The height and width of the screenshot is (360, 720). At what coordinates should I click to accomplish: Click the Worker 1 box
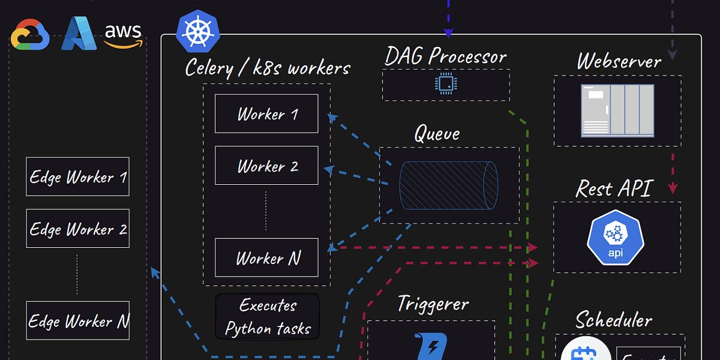coord(266,113)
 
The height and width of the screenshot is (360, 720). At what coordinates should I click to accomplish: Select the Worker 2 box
coord(266,166)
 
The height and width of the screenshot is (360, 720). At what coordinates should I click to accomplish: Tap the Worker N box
coord(266,258)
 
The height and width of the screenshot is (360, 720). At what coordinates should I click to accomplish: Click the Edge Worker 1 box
coord(77,176)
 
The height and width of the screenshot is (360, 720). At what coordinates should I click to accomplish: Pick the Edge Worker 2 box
coord(77,229)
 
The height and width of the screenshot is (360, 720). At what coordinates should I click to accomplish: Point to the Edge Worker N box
coord(77,320)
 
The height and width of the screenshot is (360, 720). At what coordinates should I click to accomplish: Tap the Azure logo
coord(78,34)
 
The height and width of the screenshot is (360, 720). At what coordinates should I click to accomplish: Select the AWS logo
coord(124,34)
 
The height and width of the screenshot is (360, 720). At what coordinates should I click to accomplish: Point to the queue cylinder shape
coord(448,185)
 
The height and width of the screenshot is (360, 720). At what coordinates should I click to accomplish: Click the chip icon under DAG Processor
coord(445,85)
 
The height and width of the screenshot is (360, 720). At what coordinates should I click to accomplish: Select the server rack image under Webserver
coord(617,110)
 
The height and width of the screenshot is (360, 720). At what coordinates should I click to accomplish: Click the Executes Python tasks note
coord(268,316)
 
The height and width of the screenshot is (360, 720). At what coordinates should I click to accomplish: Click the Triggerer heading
coord(433,304)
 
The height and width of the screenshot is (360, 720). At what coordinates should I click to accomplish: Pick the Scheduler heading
coord(614,319)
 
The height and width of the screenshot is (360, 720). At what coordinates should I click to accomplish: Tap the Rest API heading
coord(614,188)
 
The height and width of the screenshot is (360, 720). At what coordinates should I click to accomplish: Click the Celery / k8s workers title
coord(268,67)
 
